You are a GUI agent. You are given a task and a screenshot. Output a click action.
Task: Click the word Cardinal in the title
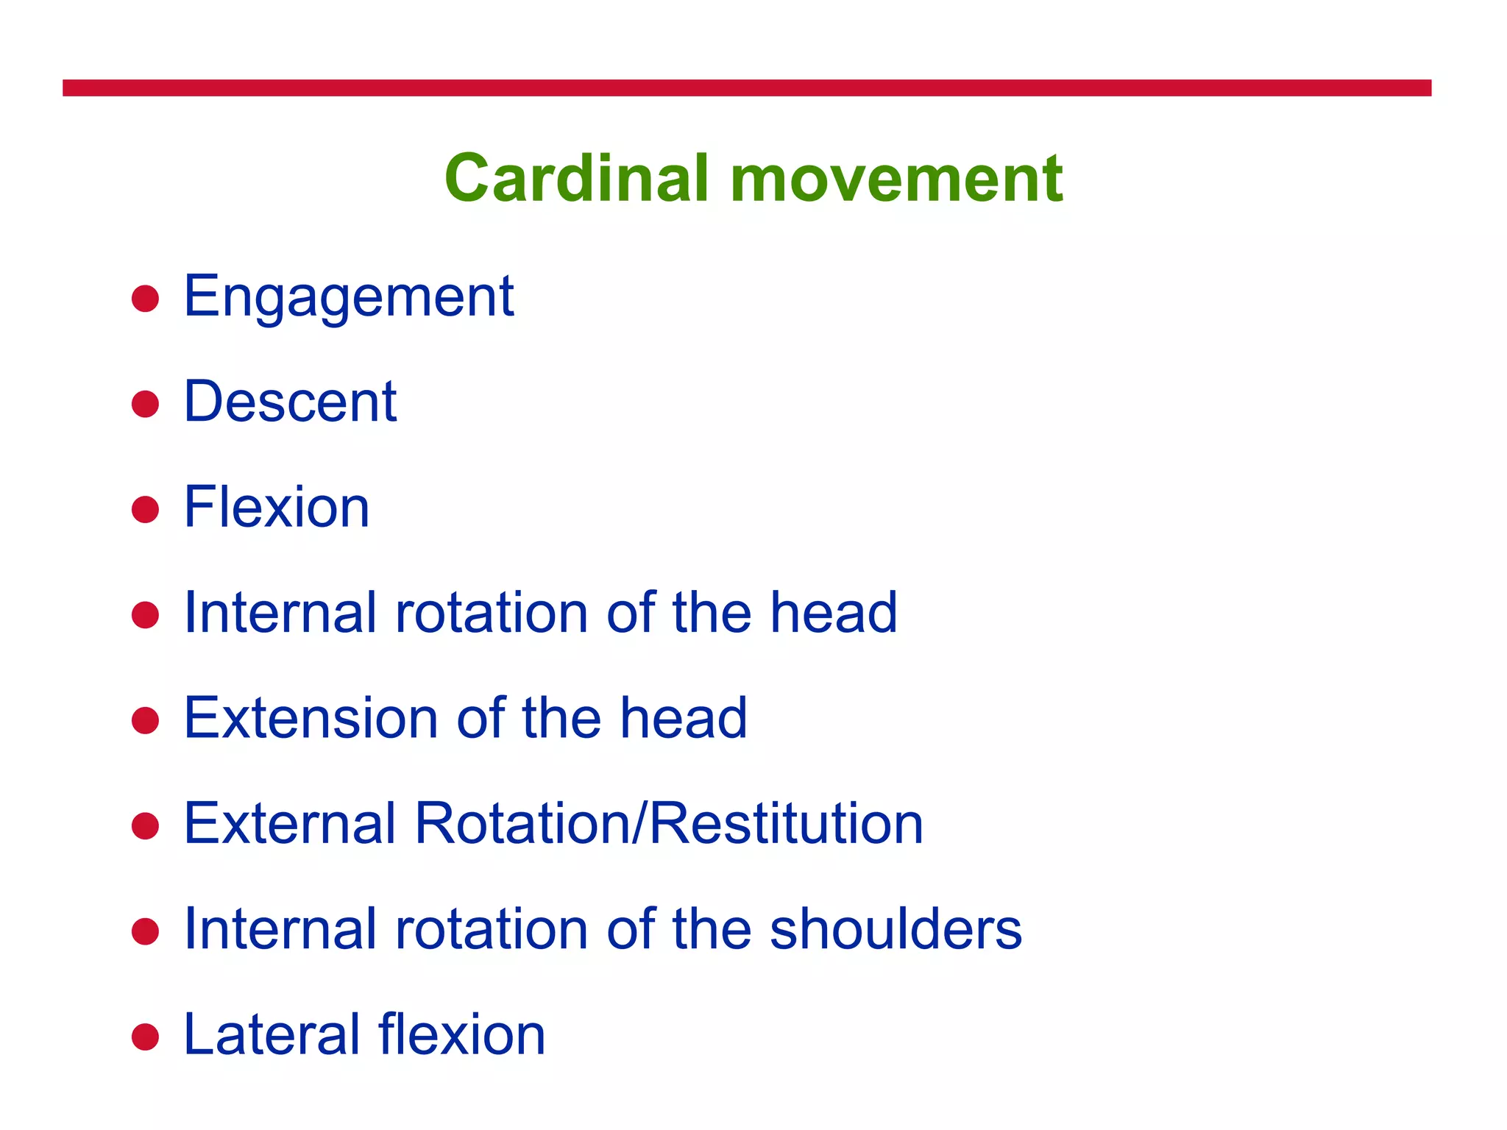[576, 179]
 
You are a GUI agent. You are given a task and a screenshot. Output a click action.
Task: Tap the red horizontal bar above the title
[746, 88]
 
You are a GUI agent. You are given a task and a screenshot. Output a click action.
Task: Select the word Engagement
[348, 297]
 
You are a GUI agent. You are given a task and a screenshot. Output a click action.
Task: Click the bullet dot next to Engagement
[145, 299]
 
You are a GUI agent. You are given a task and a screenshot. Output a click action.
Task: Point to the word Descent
[290, 402]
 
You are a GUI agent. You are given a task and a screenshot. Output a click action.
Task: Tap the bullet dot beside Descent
[145, 404]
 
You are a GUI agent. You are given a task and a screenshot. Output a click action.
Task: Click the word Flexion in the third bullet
[276, 508]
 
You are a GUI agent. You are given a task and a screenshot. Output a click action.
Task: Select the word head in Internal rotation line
[833, 613]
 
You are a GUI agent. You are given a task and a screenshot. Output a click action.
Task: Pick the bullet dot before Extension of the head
[145, 720]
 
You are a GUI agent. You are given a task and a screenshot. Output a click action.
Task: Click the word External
[290, 824]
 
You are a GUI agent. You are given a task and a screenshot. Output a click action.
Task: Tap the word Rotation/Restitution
[668, 824]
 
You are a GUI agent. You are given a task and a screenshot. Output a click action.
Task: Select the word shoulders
[896, 929]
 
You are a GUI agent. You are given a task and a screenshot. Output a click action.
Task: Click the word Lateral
[270, 1035]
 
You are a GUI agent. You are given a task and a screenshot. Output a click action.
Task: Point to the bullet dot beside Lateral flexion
[145, 1037]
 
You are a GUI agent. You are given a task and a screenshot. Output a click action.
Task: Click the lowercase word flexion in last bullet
[461, 1035]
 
